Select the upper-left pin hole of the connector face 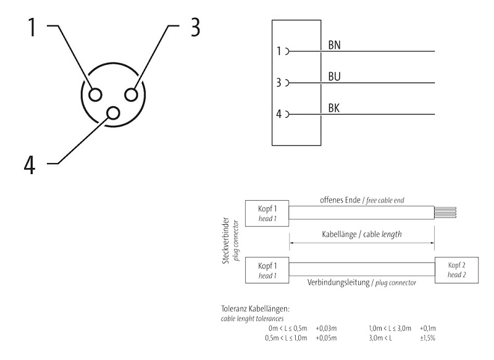tap(96, 94)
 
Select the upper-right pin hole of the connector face tap(132, 94)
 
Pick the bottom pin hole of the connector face tap(114, 112)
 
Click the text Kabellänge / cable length tap(361, 235)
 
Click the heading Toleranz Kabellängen tap(254, 309)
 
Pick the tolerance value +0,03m tap(326, 329)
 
